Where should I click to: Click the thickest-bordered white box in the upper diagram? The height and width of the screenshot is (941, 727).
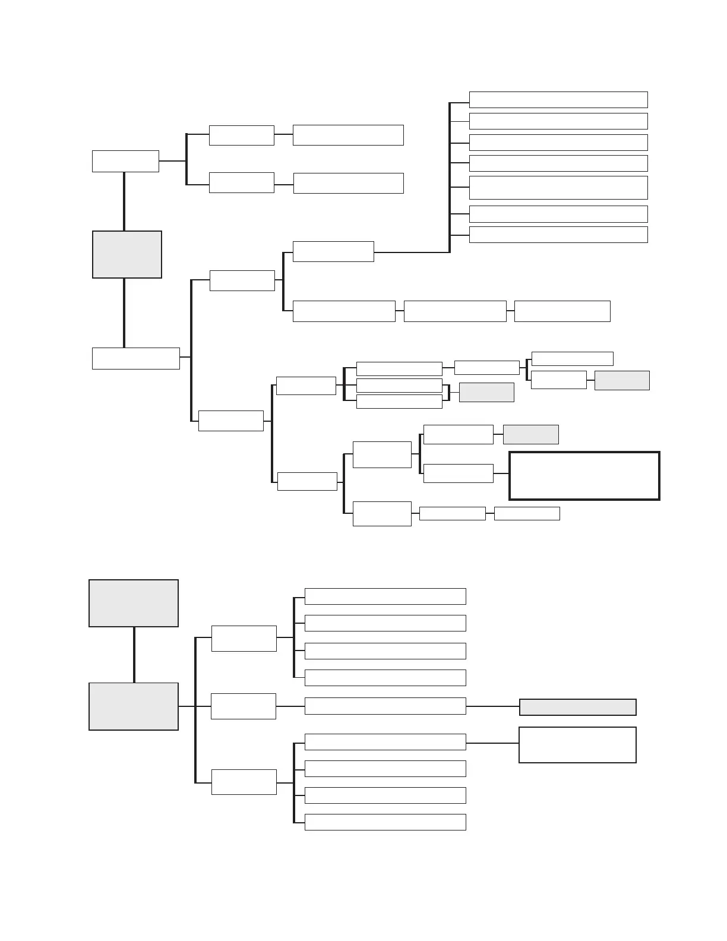pos(584,476)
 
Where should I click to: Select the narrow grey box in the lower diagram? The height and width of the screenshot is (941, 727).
pos(577,707)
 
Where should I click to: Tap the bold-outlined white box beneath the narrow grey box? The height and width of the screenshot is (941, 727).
pos(577,745)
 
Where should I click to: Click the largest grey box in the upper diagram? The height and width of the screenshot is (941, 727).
pos(127,254)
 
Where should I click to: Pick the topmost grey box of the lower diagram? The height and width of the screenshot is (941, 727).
pos(134,603)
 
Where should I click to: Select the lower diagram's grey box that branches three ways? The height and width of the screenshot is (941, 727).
pos(134,706)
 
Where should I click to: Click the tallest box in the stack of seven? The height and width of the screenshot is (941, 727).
pos(558,187)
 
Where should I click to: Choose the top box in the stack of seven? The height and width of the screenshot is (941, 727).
pos(558,100)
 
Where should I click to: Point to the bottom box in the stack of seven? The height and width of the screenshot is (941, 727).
pos(558,234)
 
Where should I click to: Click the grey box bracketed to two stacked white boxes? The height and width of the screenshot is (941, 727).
pos(486,392)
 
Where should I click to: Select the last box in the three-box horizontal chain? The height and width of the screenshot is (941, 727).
pos(562,311)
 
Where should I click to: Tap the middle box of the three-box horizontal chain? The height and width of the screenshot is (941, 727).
pos(455,311)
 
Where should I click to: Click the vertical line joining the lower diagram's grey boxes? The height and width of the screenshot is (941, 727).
pos(134,655)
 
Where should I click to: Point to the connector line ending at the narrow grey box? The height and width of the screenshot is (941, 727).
pos(492,706)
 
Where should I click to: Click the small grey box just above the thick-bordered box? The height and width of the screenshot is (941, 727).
pos(530,434)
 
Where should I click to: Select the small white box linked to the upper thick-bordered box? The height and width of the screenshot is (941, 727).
pos(458,473)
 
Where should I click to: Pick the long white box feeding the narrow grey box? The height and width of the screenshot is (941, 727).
pos(385,706)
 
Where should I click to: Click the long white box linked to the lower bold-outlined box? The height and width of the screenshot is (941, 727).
pos(385,742)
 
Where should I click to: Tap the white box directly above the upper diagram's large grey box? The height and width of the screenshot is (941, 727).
pos(125,161)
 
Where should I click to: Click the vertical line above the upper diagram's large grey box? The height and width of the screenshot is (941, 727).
pos(124,201)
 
